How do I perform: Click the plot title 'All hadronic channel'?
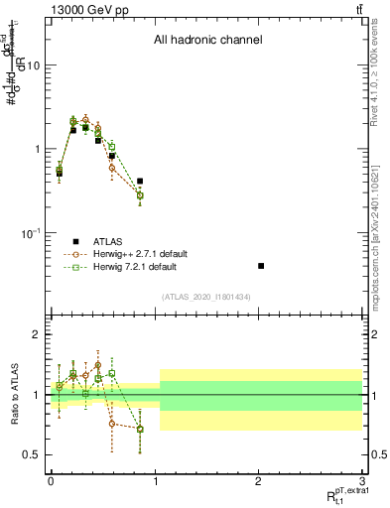[207, 41]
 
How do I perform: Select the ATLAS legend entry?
[103, 241]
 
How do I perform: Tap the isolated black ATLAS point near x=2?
[260, 266]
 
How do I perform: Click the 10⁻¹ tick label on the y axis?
[31, 233]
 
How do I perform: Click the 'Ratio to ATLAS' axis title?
[14, 395]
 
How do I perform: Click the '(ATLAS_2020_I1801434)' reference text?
[207, 297]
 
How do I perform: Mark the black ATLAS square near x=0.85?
[140, 182]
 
